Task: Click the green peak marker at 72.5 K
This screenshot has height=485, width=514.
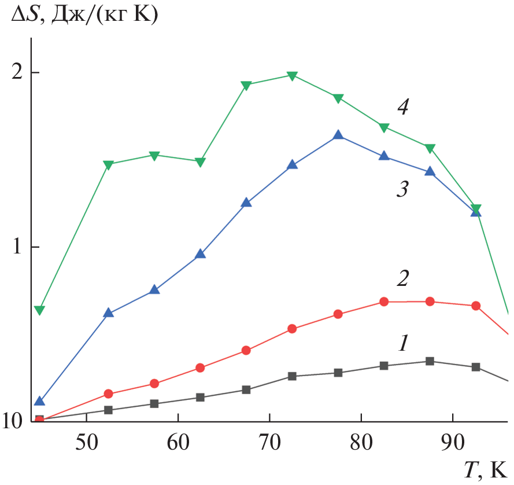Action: [292, 76]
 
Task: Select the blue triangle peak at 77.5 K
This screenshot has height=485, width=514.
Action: [338, 135]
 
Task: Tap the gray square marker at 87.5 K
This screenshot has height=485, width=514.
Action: [430, 361]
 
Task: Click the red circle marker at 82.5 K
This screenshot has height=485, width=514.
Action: [384, 302]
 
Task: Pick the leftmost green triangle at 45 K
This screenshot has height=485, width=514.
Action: [39, 311]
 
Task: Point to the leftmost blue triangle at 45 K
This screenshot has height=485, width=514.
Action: [39, 401]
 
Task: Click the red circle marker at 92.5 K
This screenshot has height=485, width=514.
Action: [476, 306]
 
